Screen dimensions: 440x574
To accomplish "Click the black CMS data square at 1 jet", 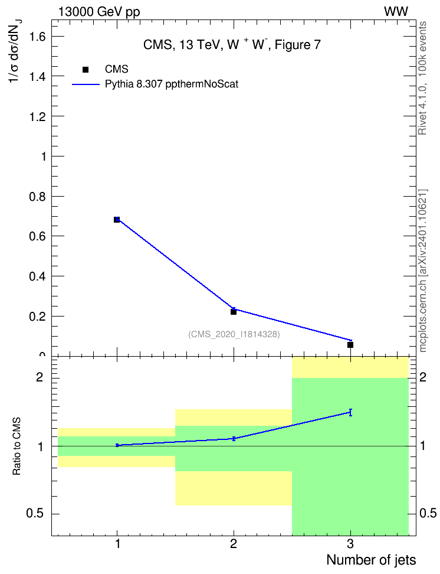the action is (x=117, y=220).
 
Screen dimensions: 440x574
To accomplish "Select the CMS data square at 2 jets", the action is (x=234, y=312).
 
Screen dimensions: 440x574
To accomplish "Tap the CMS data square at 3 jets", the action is (x=350, y=345).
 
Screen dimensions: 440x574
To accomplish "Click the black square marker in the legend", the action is (x=86, y=70).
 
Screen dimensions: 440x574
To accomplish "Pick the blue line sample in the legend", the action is (x=86, y=84).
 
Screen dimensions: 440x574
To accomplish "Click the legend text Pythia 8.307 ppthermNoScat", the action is (x=172, y=84).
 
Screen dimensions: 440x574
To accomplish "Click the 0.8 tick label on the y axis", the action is (x=38, y=197).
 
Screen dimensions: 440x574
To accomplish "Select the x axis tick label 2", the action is (x=234, y=544).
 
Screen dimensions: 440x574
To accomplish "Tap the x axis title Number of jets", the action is (x=371, y=560).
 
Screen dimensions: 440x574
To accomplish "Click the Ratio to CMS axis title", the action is (x=17, y=446).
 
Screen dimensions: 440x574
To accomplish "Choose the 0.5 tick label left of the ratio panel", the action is (x=35, y=514).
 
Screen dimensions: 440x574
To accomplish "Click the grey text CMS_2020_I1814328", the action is (x=234, y=334).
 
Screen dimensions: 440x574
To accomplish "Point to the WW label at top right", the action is (x=396, y=12).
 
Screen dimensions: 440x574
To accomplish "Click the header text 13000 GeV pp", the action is (x=99, y=12).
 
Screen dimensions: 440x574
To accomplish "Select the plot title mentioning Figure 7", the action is (x=232, y=45).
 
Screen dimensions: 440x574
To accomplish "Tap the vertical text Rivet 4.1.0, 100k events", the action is (x=422, y=78).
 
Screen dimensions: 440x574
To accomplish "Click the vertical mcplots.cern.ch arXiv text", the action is (x=423, y=271).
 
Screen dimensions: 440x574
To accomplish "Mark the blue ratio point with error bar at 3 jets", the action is (x=350, y=413).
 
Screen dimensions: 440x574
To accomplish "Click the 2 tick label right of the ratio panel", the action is (x=423, y=377).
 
